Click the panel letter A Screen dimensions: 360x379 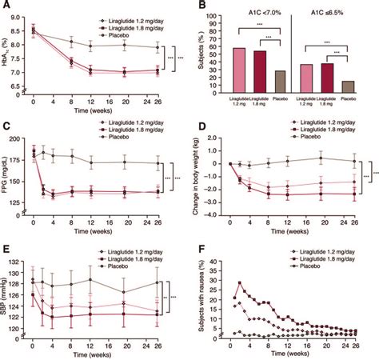[x=6, y=6]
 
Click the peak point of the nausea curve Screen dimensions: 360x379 [x=239, y=282]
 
